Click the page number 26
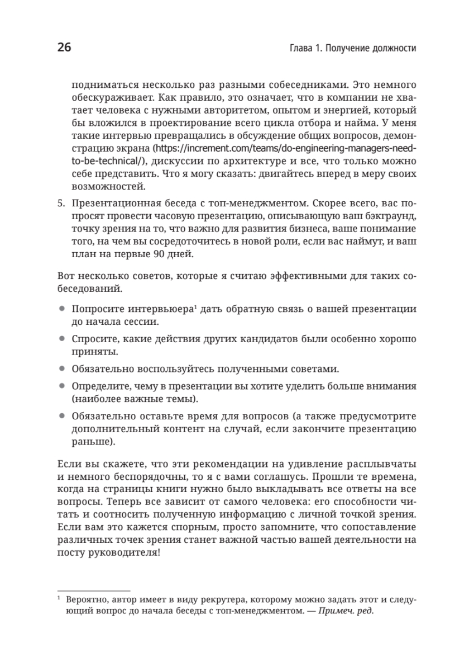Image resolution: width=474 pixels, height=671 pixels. (64, 48)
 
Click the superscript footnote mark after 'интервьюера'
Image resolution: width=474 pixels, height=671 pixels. (195, 307)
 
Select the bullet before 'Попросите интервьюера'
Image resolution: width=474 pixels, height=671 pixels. (61, 309)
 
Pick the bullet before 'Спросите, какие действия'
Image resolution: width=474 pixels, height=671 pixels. (61, 339)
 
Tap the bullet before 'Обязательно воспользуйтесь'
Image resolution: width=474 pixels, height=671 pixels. (61, 369)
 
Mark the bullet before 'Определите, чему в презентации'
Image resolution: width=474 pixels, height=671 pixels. (61, 386)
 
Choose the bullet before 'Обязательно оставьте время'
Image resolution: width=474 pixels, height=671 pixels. (61, 417)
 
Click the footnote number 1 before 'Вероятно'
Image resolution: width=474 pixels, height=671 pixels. (59, 598)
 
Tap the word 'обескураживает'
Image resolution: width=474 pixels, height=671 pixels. (104, 98)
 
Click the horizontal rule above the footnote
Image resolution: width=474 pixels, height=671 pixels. (94, 590)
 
